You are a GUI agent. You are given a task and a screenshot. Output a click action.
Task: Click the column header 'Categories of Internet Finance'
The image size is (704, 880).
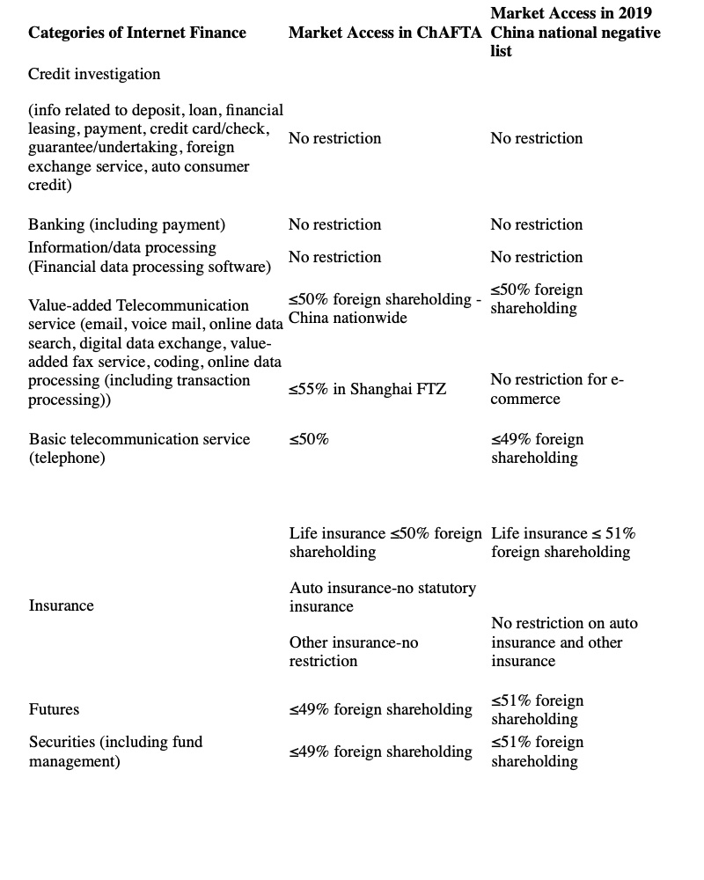point(137,33)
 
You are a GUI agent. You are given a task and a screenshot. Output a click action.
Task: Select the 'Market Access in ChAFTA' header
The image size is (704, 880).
point(385,33)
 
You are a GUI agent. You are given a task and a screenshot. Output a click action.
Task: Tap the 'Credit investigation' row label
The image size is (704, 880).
point(94,74)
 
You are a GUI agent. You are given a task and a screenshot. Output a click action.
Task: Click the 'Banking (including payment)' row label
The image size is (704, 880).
point(127,224)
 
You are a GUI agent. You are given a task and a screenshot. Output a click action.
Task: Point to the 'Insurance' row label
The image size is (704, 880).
point(61,605)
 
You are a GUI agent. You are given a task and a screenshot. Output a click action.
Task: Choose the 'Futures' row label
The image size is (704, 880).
point(54,709)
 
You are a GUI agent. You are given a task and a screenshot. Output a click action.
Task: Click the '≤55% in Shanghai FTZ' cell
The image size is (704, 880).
point(367,389)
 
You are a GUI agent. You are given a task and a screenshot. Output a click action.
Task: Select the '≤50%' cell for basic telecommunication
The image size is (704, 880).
point(308,439)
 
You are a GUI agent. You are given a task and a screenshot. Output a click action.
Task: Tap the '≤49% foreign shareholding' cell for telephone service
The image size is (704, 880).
point(537,448)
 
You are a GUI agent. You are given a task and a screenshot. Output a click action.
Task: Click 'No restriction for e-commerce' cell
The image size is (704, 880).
point(556,389)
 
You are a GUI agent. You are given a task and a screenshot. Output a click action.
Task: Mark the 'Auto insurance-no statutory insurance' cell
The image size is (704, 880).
point(382,597)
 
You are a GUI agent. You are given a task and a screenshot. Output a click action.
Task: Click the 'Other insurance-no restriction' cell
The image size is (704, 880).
point(353,652)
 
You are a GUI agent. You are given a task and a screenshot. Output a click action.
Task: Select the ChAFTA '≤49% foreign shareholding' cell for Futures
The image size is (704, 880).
point(380,709)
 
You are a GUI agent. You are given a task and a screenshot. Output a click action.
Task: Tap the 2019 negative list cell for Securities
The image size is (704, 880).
point(537,751)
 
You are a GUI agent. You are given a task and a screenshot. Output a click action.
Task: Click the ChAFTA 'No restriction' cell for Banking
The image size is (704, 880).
point(334,224)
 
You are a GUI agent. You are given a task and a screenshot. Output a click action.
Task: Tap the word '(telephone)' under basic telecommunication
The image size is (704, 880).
point(67,458)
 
